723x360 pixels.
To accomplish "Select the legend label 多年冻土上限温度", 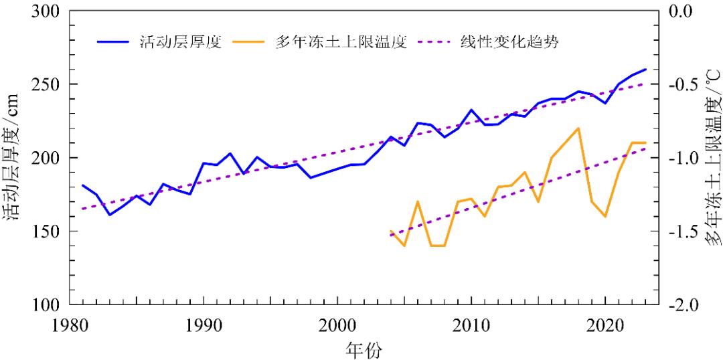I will [341, 41].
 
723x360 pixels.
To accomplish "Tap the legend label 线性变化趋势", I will [509, 41].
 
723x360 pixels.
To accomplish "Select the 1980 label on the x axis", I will [69, 325].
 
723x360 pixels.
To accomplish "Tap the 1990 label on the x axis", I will [203, 325].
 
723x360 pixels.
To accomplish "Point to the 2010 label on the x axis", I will [471, 325].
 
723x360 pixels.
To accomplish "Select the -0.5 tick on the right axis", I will [682, 85].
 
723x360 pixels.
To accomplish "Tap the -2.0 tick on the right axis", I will [682, 304].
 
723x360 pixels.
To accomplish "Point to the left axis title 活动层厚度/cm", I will [16, 158].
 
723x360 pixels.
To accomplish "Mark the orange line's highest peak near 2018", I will [578, 128].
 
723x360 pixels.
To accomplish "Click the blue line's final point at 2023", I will [645, 69].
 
